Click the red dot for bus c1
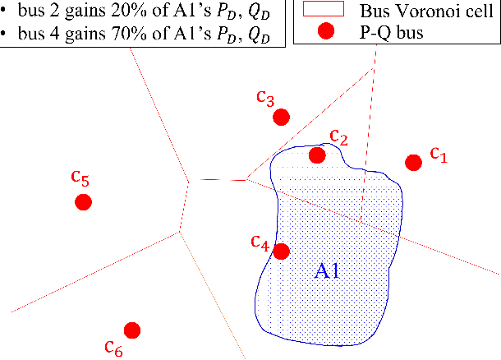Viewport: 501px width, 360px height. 414,162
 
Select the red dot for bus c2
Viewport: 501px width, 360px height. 317,155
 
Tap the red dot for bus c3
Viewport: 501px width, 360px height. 281,117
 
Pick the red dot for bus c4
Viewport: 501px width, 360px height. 281,252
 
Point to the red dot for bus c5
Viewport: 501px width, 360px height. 82,202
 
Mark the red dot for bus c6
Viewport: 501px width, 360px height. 131,330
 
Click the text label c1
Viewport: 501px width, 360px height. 438,154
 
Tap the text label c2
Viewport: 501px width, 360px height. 339,136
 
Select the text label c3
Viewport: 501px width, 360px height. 265,99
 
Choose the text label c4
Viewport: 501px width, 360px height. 260,242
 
